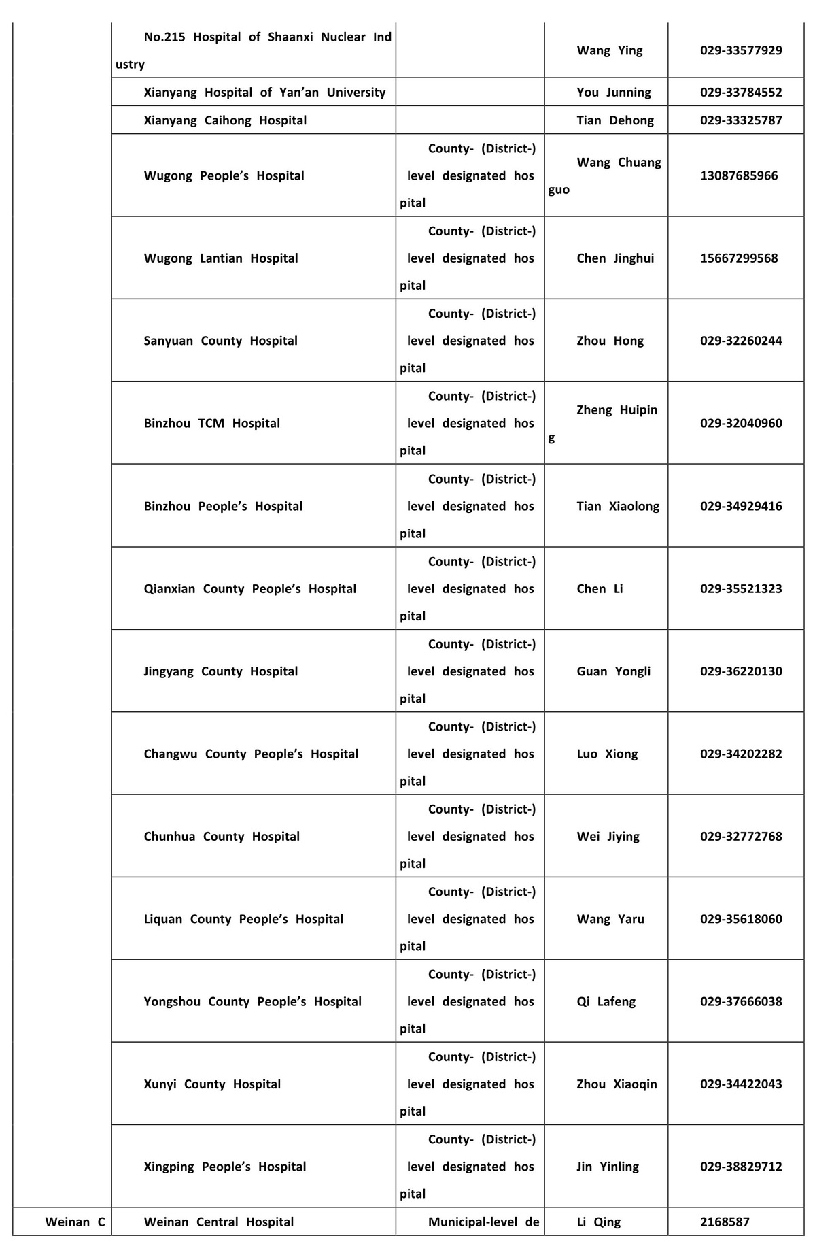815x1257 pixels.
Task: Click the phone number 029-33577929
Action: tap(741, 50)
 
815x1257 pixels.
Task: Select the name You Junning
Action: tap(613, 93)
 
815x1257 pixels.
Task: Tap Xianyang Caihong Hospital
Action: tap(225, 120)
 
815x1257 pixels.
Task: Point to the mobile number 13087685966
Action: tap(739, 175)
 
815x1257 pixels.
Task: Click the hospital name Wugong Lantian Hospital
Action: tap(221, 258)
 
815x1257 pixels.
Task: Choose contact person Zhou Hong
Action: tap(610, 341)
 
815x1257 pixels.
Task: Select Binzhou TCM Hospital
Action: tap(211, 424)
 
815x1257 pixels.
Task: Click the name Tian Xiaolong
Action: tap(618, 506)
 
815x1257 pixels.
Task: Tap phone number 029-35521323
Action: tap(741, 589)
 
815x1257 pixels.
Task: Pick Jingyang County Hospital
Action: tap(221, 671)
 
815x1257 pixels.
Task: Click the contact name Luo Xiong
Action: tap(607, 754)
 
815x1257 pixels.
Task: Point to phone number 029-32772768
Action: tap(741, 837)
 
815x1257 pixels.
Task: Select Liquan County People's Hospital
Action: tap(243, 919)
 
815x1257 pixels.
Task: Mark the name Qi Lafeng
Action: tap(606, 1001)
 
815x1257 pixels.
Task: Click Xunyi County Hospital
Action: tap(212, 1084)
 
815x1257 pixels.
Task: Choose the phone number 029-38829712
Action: tap(741, 1167)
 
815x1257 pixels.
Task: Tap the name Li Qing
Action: tap(598, 1222)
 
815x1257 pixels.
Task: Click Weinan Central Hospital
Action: tap(219, 1222)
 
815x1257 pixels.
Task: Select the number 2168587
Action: tap(725, 1222)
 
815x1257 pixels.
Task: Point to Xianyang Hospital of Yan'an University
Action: tap(264, 93)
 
